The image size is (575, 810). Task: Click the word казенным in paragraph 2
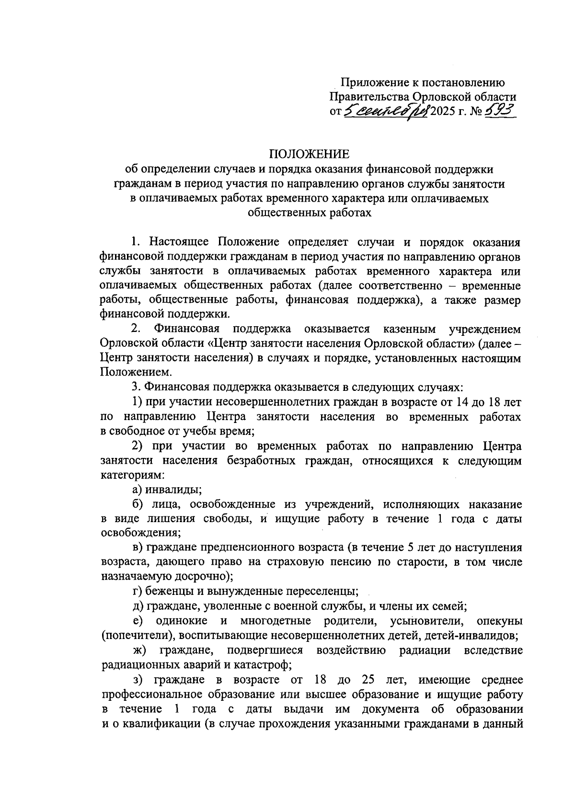point(410,329)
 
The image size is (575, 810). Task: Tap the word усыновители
point(428,621)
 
